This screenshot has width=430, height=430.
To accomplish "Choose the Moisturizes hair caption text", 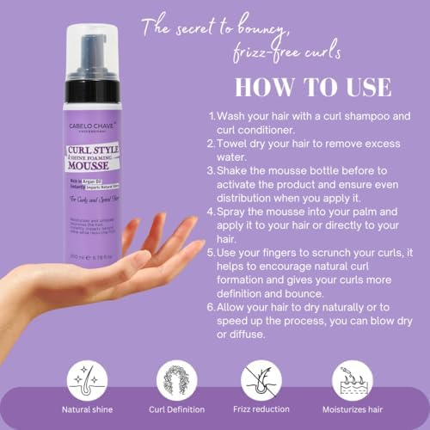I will [356, 410].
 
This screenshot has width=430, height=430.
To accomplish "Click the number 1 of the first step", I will [211, 115].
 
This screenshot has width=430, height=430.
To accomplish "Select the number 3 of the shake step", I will [212, 170].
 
